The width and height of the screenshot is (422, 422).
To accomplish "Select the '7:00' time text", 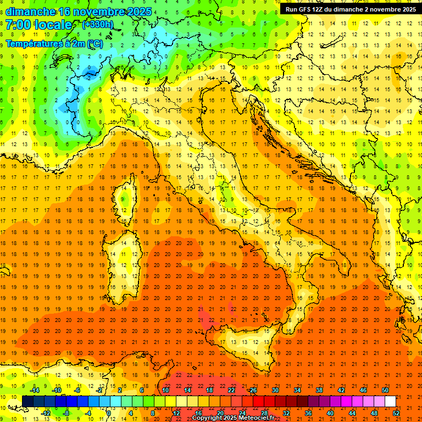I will coord(19,25).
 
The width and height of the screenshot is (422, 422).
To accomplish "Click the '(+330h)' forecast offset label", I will coord(97,25).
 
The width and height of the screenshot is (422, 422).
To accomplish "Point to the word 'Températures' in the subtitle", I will coord(32,43).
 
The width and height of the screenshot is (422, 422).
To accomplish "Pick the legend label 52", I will coord(396,413).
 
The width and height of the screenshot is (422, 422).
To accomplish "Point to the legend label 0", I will coord(109,413).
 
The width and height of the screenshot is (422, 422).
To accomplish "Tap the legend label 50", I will coord(385,390).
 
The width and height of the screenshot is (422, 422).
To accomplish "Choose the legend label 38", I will coord(319,390).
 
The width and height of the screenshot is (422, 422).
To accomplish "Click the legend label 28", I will coord(264,413).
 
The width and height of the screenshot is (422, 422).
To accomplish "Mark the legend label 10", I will coord(165,390).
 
